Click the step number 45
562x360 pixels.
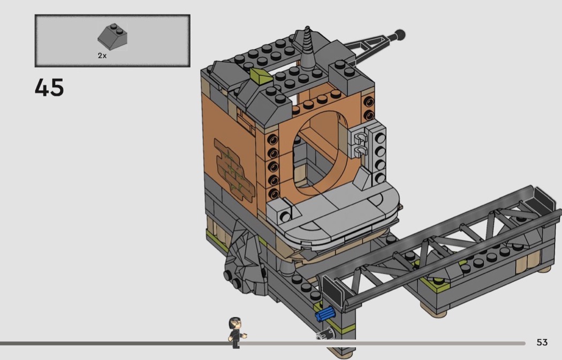tap(49, 88)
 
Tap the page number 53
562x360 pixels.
tap(542, 342)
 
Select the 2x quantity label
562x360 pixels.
tap(102, 56)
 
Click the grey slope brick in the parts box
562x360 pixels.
tap(112, 37)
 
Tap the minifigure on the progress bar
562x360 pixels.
tap(237, 332)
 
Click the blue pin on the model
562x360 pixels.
tap(325, 313)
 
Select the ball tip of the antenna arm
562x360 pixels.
tap(400, 35)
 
